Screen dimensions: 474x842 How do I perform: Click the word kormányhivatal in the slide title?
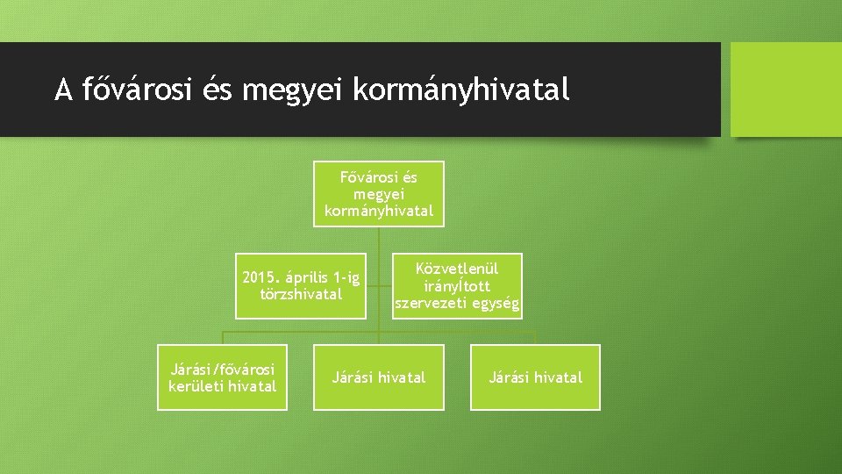tap(461, 90)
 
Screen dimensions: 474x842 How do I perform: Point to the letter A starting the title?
tap(62, 90)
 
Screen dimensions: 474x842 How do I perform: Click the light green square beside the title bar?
tap(786, 90)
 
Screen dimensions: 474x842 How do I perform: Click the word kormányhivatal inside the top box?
tap(379, 212)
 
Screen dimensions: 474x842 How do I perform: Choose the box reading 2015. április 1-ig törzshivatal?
tap(301, 286)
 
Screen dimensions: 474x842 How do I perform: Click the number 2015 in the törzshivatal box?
tap(260, 279)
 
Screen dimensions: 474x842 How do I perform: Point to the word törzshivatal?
tap(301, 295)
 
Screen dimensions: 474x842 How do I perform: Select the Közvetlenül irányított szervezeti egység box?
tap(457, 286)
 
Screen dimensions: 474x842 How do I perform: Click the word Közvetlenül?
tap(457, 269)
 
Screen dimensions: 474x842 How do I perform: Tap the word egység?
tap(496, 305)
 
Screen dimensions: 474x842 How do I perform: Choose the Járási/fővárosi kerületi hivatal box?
tap(222, 377)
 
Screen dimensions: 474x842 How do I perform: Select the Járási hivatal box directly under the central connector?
tap(379, 377)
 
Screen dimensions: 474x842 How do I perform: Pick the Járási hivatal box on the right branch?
tap(535, 377)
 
